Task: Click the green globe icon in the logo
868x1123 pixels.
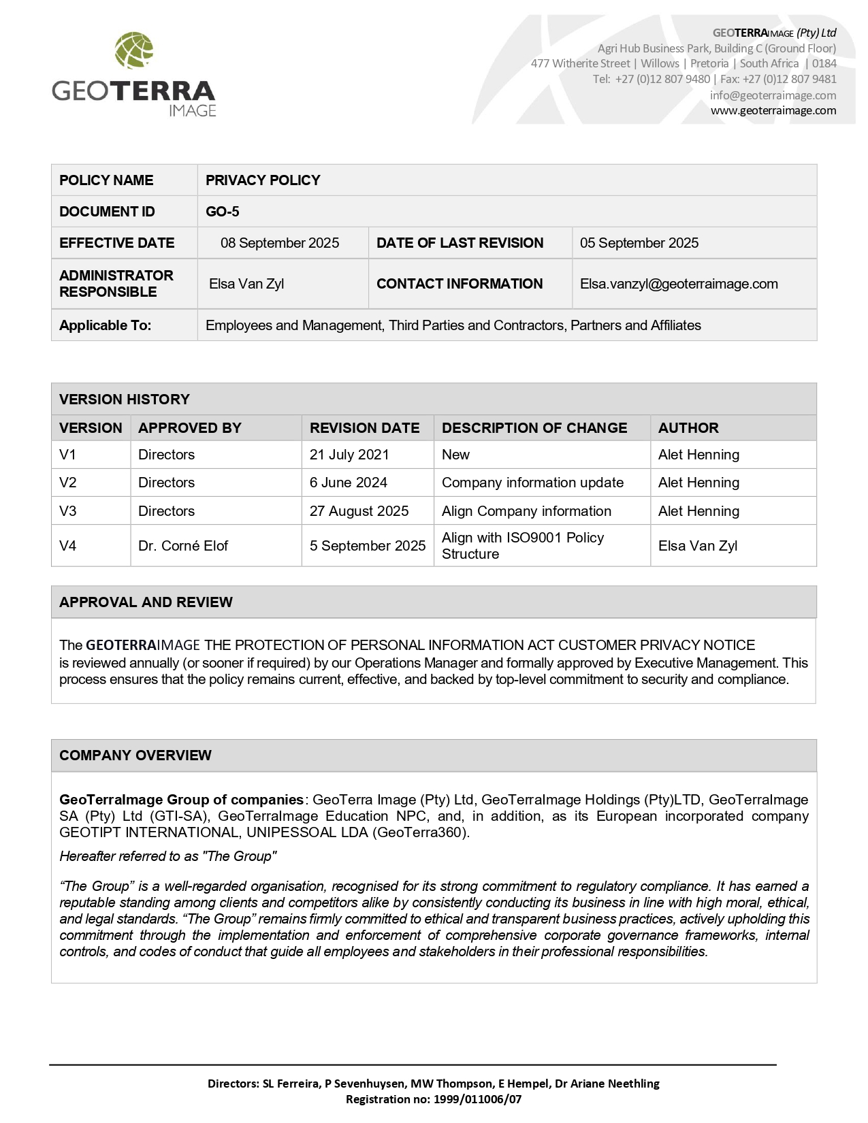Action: [134, 50]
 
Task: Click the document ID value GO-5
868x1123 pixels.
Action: [223, 212]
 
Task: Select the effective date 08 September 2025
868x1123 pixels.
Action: [280, 243]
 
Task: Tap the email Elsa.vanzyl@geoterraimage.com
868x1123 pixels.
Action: [679, 284]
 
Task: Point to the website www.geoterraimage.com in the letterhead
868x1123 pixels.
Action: [773, 110]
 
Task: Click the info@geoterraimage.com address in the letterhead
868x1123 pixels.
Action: [773, 95]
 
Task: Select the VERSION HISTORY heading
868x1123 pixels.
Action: [125, 400]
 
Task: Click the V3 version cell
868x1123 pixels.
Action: [68, 511]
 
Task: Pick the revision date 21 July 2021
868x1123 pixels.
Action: [349, 455]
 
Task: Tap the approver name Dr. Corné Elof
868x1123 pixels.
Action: [183, 546]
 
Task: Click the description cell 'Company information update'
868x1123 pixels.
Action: [532, 483]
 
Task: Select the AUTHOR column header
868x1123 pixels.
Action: [688, 428]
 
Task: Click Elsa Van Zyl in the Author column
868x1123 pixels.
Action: [698, 546]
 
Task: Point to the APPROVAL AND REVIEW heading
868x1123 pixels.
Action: [146, 602]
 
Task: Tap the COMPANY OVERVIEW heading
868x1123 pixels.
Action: [135, 755]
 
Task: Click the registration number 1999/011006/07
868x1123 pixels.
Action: [477, 1098]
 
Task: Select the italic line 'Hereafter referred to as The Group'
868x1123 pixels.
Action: [168, 856]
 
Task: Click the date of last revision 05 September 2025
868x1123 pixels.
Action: [639, 243]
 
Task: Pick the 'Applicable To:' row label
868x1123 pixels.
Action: [106, 325]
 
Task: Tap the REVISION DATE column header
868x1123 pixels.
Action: [364, 428]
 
